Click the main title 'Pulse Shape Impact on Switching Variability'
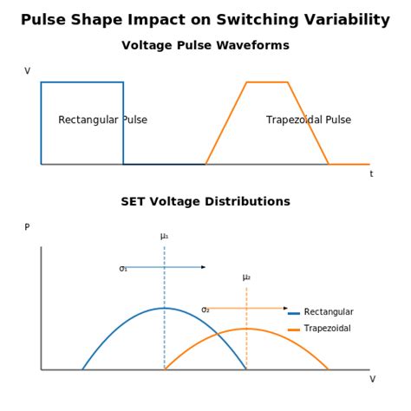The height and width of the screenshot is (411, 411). [x=205, y=20]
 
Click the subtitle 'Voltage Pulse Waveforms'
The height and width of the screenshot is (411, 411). [x=205, y=45]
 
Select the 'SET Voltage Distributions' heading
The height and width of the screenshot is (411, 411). [x=205, y=201]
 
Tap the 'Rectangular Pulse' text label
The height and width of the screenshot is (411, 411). [x=102, y=120]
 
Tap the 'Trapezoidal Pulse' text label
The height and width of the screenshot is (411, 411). [x=309, y=120]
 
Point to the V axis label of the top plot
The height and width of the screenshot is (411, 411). [x=27, y=71]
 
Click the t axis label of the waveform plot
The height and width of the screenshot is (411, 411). [x=371, y=174]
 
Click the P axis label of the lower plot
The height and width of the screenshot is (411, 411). [x=27, y=227]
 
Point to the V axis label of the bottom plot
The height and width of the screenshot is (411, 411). [x=373, y=379]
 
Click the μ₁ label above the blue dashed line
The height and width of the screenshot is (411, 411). [x=164, y=236]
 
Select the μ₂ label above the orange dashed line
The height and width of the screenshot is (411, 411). [x=246, y=277]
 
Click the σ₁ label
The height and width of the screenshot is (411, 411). [x=123, y=269]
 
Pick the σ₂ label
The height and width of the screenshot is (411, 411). [x=205, y=310]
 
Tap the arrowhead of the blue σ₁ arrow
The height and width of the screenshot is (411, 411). [x=204, y=267]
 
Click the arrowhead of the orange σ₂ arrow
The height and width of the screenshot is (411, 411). [x=286, y=308]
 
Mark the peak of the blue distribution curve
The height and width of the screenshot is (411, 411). [x=164, y=308]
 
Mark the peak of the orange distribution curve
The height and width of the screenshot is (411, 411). [x=246, y=329]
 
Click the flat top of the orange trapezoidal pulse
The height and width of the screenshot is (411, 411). [x=267, y=82]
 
